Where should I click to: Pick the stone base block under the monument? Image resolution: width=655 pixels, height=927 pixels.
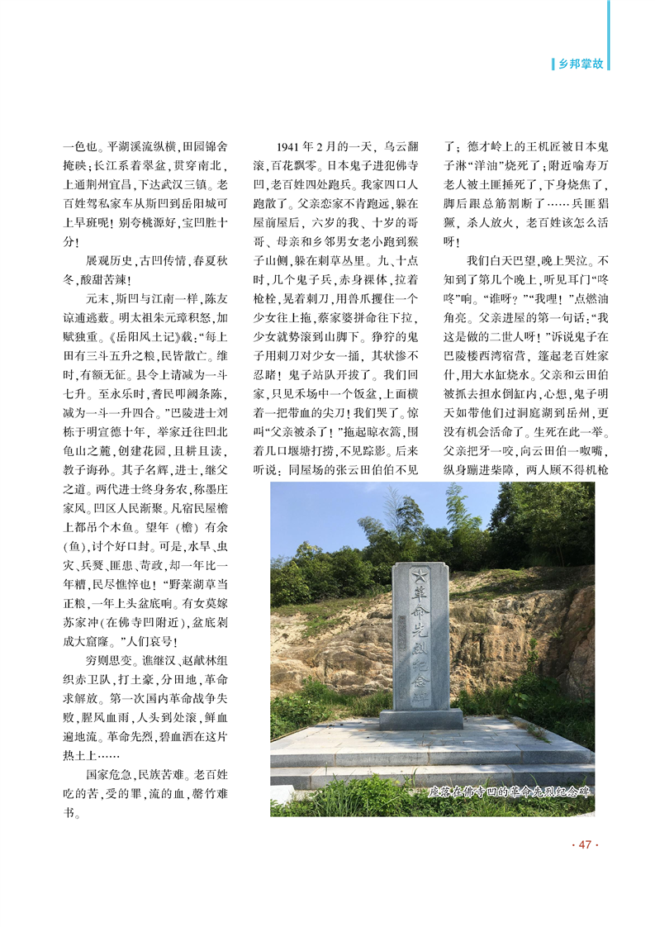pyautogui.click(x=420, y=718)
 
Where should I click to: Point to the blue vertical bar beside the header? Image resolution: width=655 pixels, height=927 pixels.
pyautogui.click(x=610, y=37)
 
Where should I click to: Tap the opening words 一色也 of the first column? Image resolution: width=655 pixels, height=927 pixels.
pyautogui.click(x=79, y=146)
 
